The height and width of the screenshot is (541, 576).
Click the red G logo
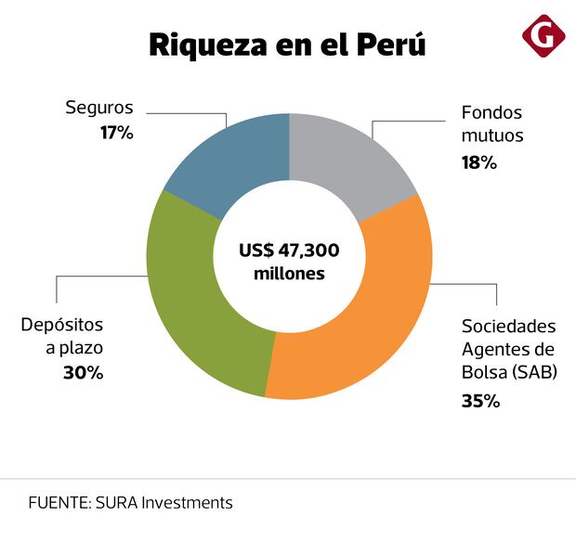coord(543,36)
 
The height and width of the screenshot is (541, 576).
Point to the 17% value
coord(117,133)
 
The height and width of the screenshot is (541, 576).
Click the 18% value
coord(479,162)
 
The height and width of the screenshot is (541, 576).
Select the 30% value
coord(85,372)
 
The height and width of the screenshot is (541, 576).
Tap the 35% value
coord(481,402)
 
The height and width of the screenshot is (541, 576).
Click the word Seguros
coord(99,108)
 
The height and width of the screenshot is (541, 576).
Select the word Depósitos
coord(62,326)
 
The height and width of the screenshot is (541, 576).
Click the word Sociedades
coord(509,327)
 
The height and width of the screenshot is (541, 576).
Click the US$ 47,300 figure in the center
coord(289,251)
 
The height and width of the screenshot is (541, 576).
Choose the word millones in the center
coord(289,274)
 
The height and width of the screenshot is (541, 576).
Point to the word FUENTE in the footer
coord(58,503)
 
